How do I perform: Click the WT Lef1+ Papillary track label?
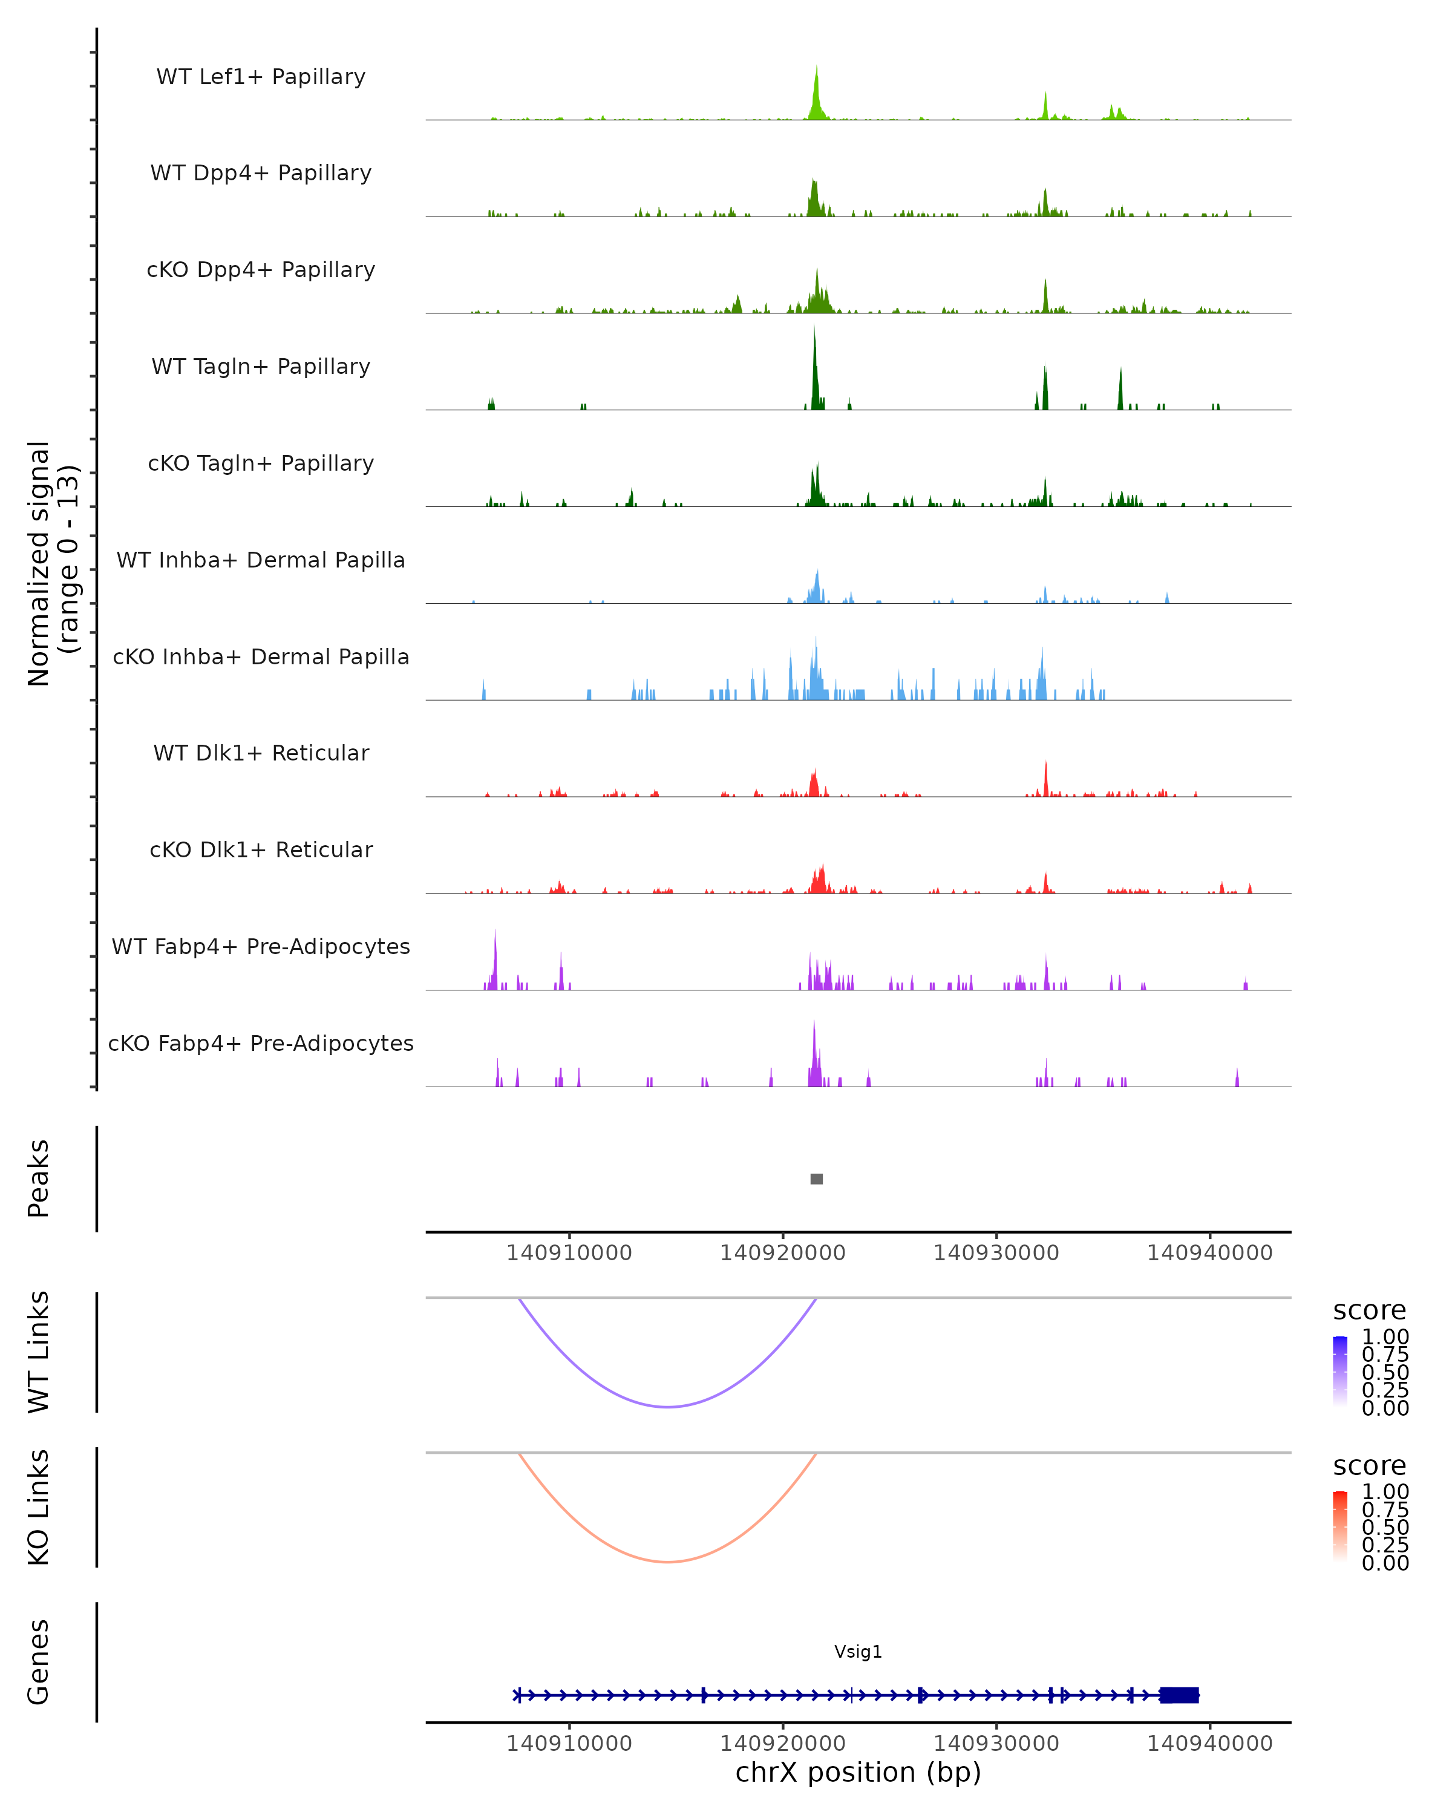click(x=261, y=77)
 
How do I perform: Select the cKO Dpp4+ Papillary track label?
click(x=261, y=270)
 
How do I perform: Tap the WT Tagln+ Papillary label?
click(x=261, y=367)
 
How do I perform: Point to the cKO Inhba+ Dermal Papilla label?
click(x=261, y=658)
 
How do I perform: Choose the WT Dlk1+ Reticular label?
click(x=261, y=753)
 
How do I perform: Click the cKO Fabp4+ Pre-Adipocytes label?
click(x=261, y=1044)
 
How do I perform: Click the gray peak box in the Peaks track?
click(x=817, y=1179)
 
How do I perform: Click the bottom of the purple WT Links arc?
click(x=667, y=1407)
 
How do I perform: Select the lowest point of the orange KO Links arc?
click(x=667, y=1562)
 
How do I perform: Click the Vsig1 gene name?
click(x=858, y=1652)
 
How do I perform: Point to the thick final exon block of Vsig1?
click(x=1179, y=1695)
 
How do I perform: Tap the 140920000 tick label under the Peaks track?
click(x=783, y=1254)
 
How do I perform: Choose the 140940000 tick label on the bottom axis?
click(x=1209, y=1744)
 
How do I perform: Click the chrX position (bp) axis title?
click(x=858, y=1773)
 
